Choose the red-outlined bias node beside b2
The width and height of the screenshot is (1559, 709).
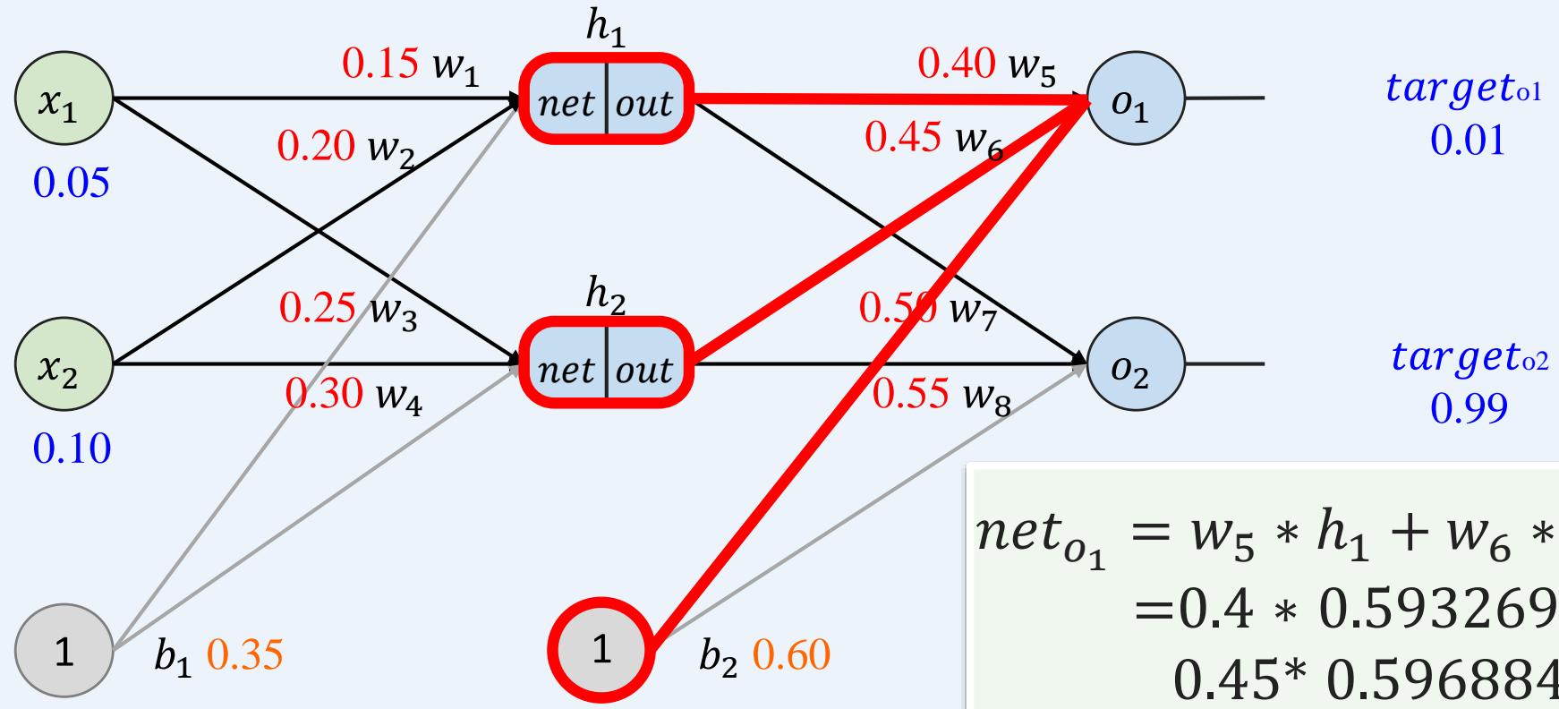601,651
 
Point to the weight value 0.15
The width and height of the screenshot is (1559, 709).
379,63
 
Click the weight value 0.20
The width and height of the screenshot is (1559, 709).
316,146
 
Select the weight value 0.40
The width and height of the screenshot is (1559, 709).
956,63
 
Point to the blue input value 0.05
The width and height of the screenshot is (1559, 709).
71,184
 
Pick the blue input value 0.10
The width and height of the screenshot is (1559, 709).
71,448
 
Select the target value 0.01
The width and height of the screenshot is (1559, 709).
1467,141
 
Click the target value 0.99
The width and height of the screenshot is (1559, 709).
1469,407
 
